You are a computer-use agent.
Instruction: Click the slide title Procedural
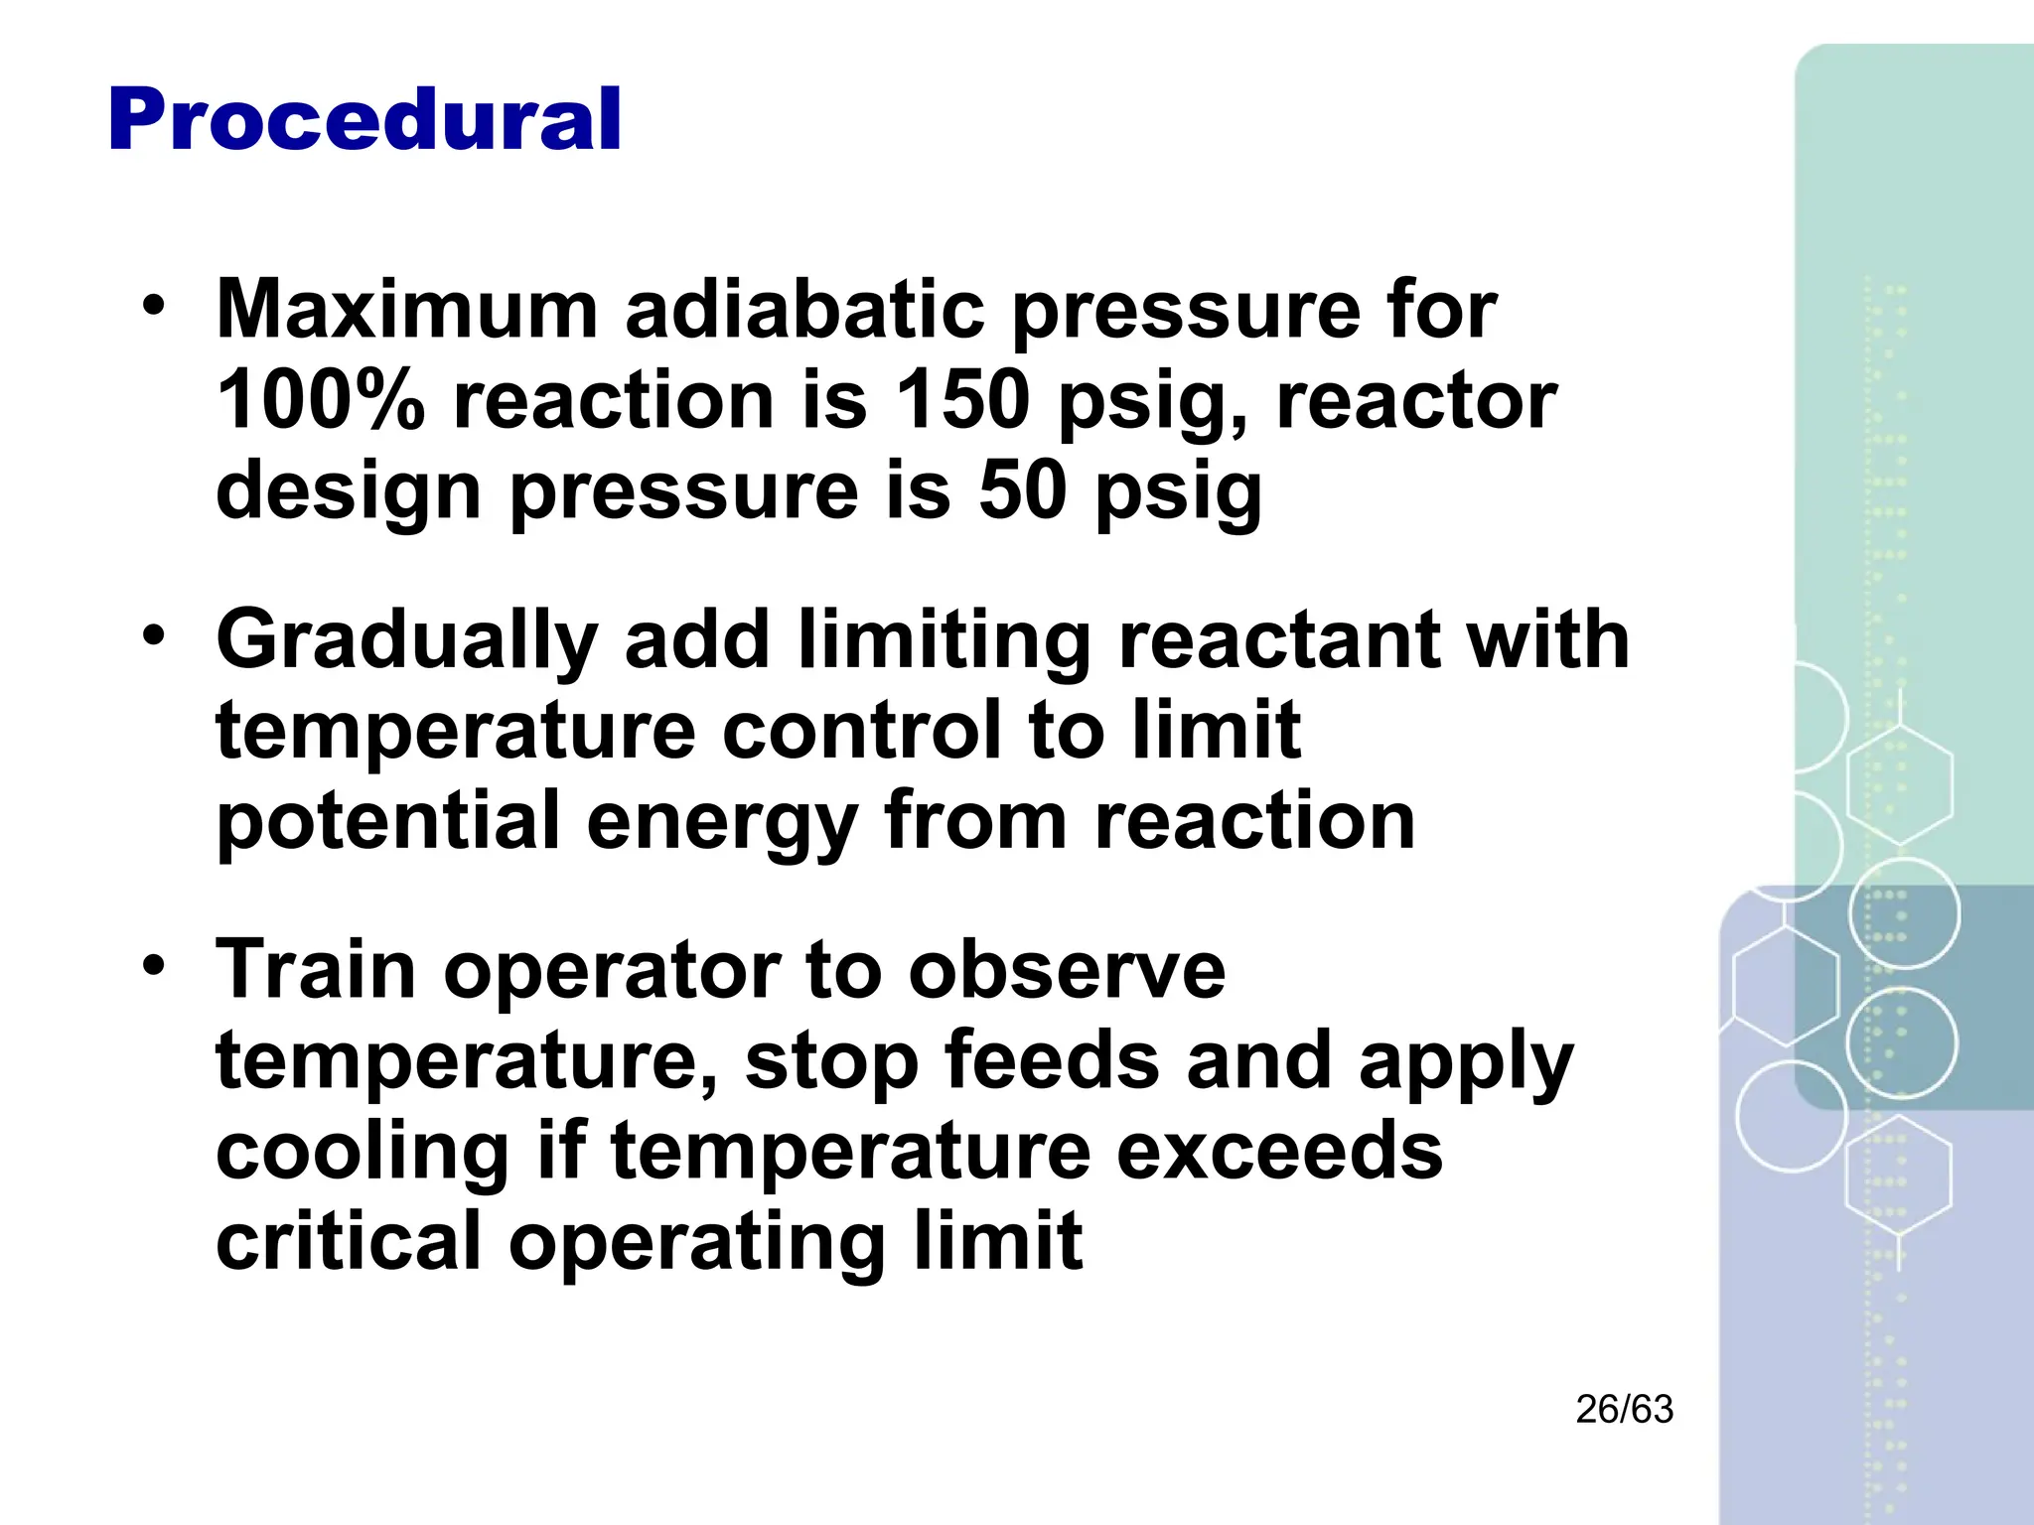[364, 120]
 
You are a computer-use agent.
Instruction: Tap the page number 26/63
[1624, 1410]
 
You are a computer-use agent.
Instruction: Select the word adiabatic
[804, 310]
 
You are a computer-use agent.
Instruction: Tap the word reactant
[1279, 640]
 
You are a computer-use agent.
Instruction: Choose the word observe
[1067, 969]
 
